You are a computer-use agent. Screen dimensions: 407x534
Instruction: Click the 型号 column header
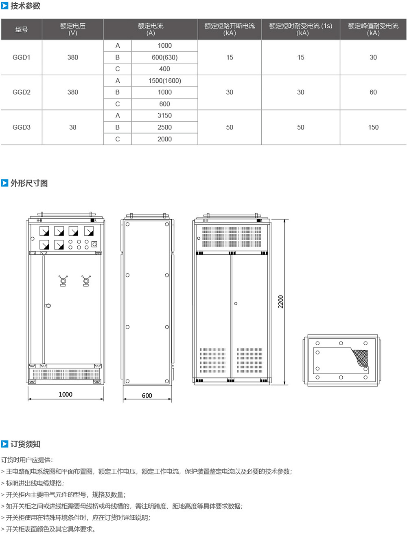pyautogui.click(x=22, y=29)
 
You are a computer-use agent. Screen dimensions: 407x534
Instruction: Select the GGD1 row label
pyautogui.click(x=22, y=57)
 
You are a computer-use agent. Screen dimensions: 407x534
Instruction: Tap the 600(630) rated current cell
pyautogui.click(x=165, y=57)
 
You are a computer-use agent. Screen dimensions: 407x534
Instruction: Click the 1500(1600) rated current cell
pyautogui.click(x=165, y=81)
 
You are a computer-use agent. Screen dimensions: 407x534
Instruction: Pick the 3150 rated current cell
pyautogui.click(x=165, y=115)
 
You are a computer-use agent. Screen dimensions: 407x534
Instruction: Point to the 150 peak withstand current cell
pyautogui.click(x=373, y=127)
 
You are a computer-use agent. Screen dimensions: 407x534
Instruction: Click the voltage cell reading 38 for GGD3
pyautogui.click(x=72, y=127)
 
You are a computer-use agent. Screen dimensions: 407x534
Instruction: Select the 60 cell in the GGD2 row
pyautogui.click(x=373, y=92)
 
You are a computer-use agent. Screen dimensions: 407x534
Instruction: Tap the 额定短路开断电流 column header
pyautogui.click(x=230, y=26)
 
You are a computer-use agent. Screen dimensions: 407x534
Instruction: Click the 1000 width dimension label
pyautogui.click(x=66, y=394)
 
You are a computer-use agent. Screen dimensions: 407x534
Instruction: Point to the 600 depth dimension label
pyautogui.click(x=147, y=395)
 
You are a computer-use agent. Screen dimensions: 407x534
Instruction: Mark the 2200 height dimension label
pyautogui.click(x=281, y=302)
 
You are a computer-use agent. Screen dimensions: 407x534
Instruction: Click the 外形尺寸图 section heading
pyautogui.click(x=29, y=183)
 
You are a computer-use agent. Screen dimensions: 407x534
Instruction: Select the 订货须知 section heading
pyautogui.click(x=25, y=444)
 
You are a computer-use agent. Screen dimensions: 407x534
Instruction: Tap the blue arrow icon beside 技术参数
pyautogui.click(x=4, y=6)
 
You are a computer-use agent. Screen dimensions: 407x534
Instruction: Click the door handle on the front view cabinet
pyautogui.click(x=48, y=306)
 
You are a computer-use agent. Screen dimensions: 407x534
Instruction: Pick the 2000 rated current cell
pyautogui.click(x=165, y=139)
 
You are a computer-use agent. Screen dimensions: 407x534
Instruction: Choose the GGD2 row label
pyautogui.click(x=22, y=92)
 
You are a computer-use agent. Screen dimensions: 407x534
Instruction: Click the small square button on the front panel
pyautogui.click(x=94, y=244)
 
